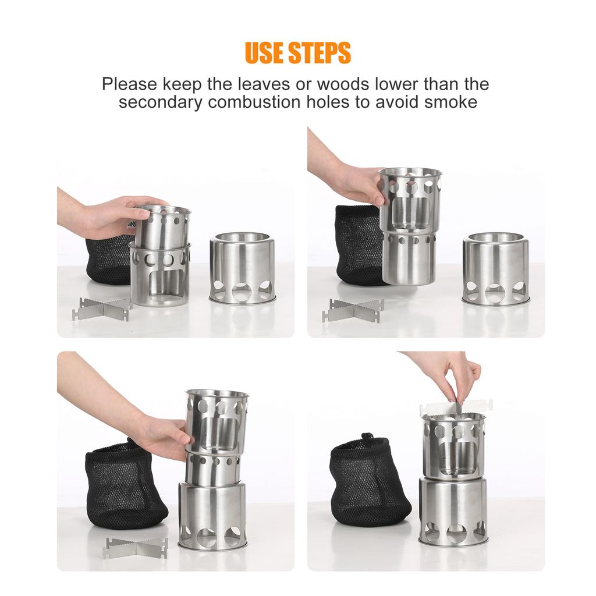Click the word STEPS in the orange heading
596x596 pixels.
coord(322,53)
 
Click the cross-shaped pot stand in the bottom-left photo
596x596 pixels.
coord(136,547)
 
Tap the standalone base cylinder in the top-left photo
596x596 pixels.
coord(242,268)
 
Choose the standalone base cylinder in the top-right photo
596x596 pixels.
coord(495,269)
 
